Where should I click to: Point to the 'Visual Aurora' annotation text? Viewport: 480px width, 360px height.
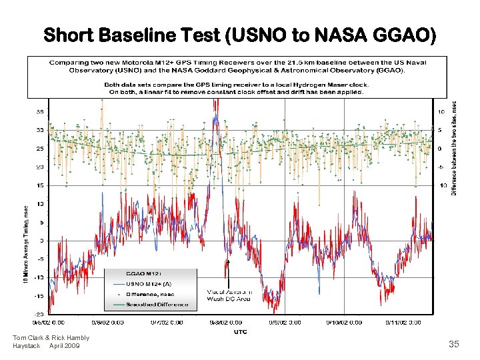pyautogui.click(x=229, y=293)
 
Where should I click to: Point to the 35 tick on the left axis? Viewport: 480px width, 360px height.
pyautogui.click(x=40, y=111)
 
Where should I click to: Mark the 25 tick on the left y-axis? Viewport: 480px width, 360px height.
pyautogui.click(x=40, y=149)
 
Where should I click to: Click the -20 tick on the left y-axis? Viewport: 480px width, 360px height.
pyautogui.click(x=39, y=313)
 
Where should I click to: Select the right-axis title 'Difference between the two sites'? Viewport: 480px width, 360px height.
pyautogui.click(x=455, y=147)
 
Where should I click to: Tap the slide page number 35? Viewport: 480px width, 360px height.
pyautogui.click(x=454, y=344)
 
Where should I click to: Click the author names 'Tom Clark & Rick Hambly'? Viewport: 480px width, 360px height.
pyautogui.click(x=51, y=338)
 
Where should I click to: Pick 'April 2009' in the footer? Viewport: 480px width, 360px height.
pyautogui.click(x=65, y=346)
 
